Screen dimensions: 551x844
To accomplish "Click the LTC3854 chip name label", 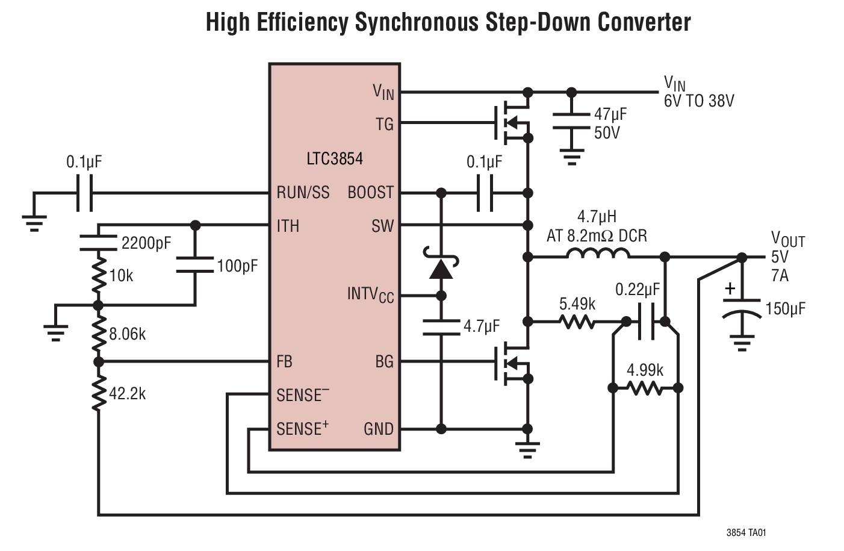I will click(x=335, y=159).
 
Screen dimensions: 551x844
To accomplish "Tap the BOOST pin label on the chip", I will click(x=370, y=193).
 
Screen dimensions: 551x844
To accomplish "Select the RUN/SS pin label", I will click(x=303, y=193).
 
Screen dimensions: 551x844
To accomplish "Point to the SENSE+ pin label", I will click(x=302, y=429).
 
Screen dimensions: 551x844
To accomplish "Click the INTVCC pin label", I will click(x=370, y=294).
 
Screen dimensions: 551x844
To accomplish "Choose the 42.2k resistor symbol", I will click(x=98, y=393).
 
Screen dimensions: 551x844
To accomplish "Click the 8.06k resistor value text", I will click(x=128, y=334).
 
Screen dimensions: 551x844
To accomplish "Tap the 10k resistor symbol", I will click(x=98, y=275).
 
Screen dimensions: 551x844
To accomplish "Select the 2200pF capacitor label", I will click(x=146, y=243).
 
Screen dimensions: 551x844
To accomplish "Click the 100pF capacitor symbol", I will click(x=194, y=265).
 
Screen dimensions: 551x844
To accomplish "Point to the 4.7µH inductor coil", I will click(x=597, y=255).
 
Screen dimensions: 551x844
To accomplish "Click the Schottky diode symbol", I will click(x=441, y=266).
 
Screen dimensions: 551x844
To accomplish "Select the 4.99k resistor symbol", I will click(x=645, y=388).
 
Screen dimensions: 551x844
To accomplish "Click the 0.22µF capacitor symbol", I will click(x=646, y=322).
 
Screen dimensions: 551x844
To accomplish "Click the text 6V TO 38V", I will click(x=699, y=101).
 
